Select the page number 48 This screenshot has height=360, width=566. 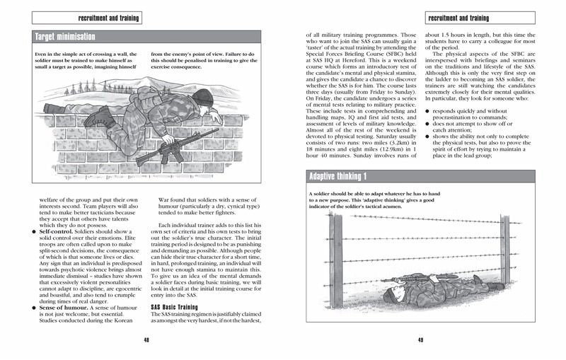pos(146,339)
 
